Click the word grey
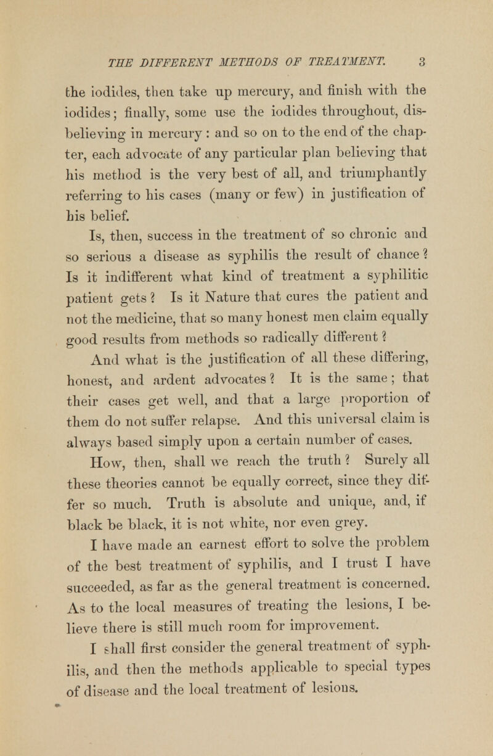coord(344,475)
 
